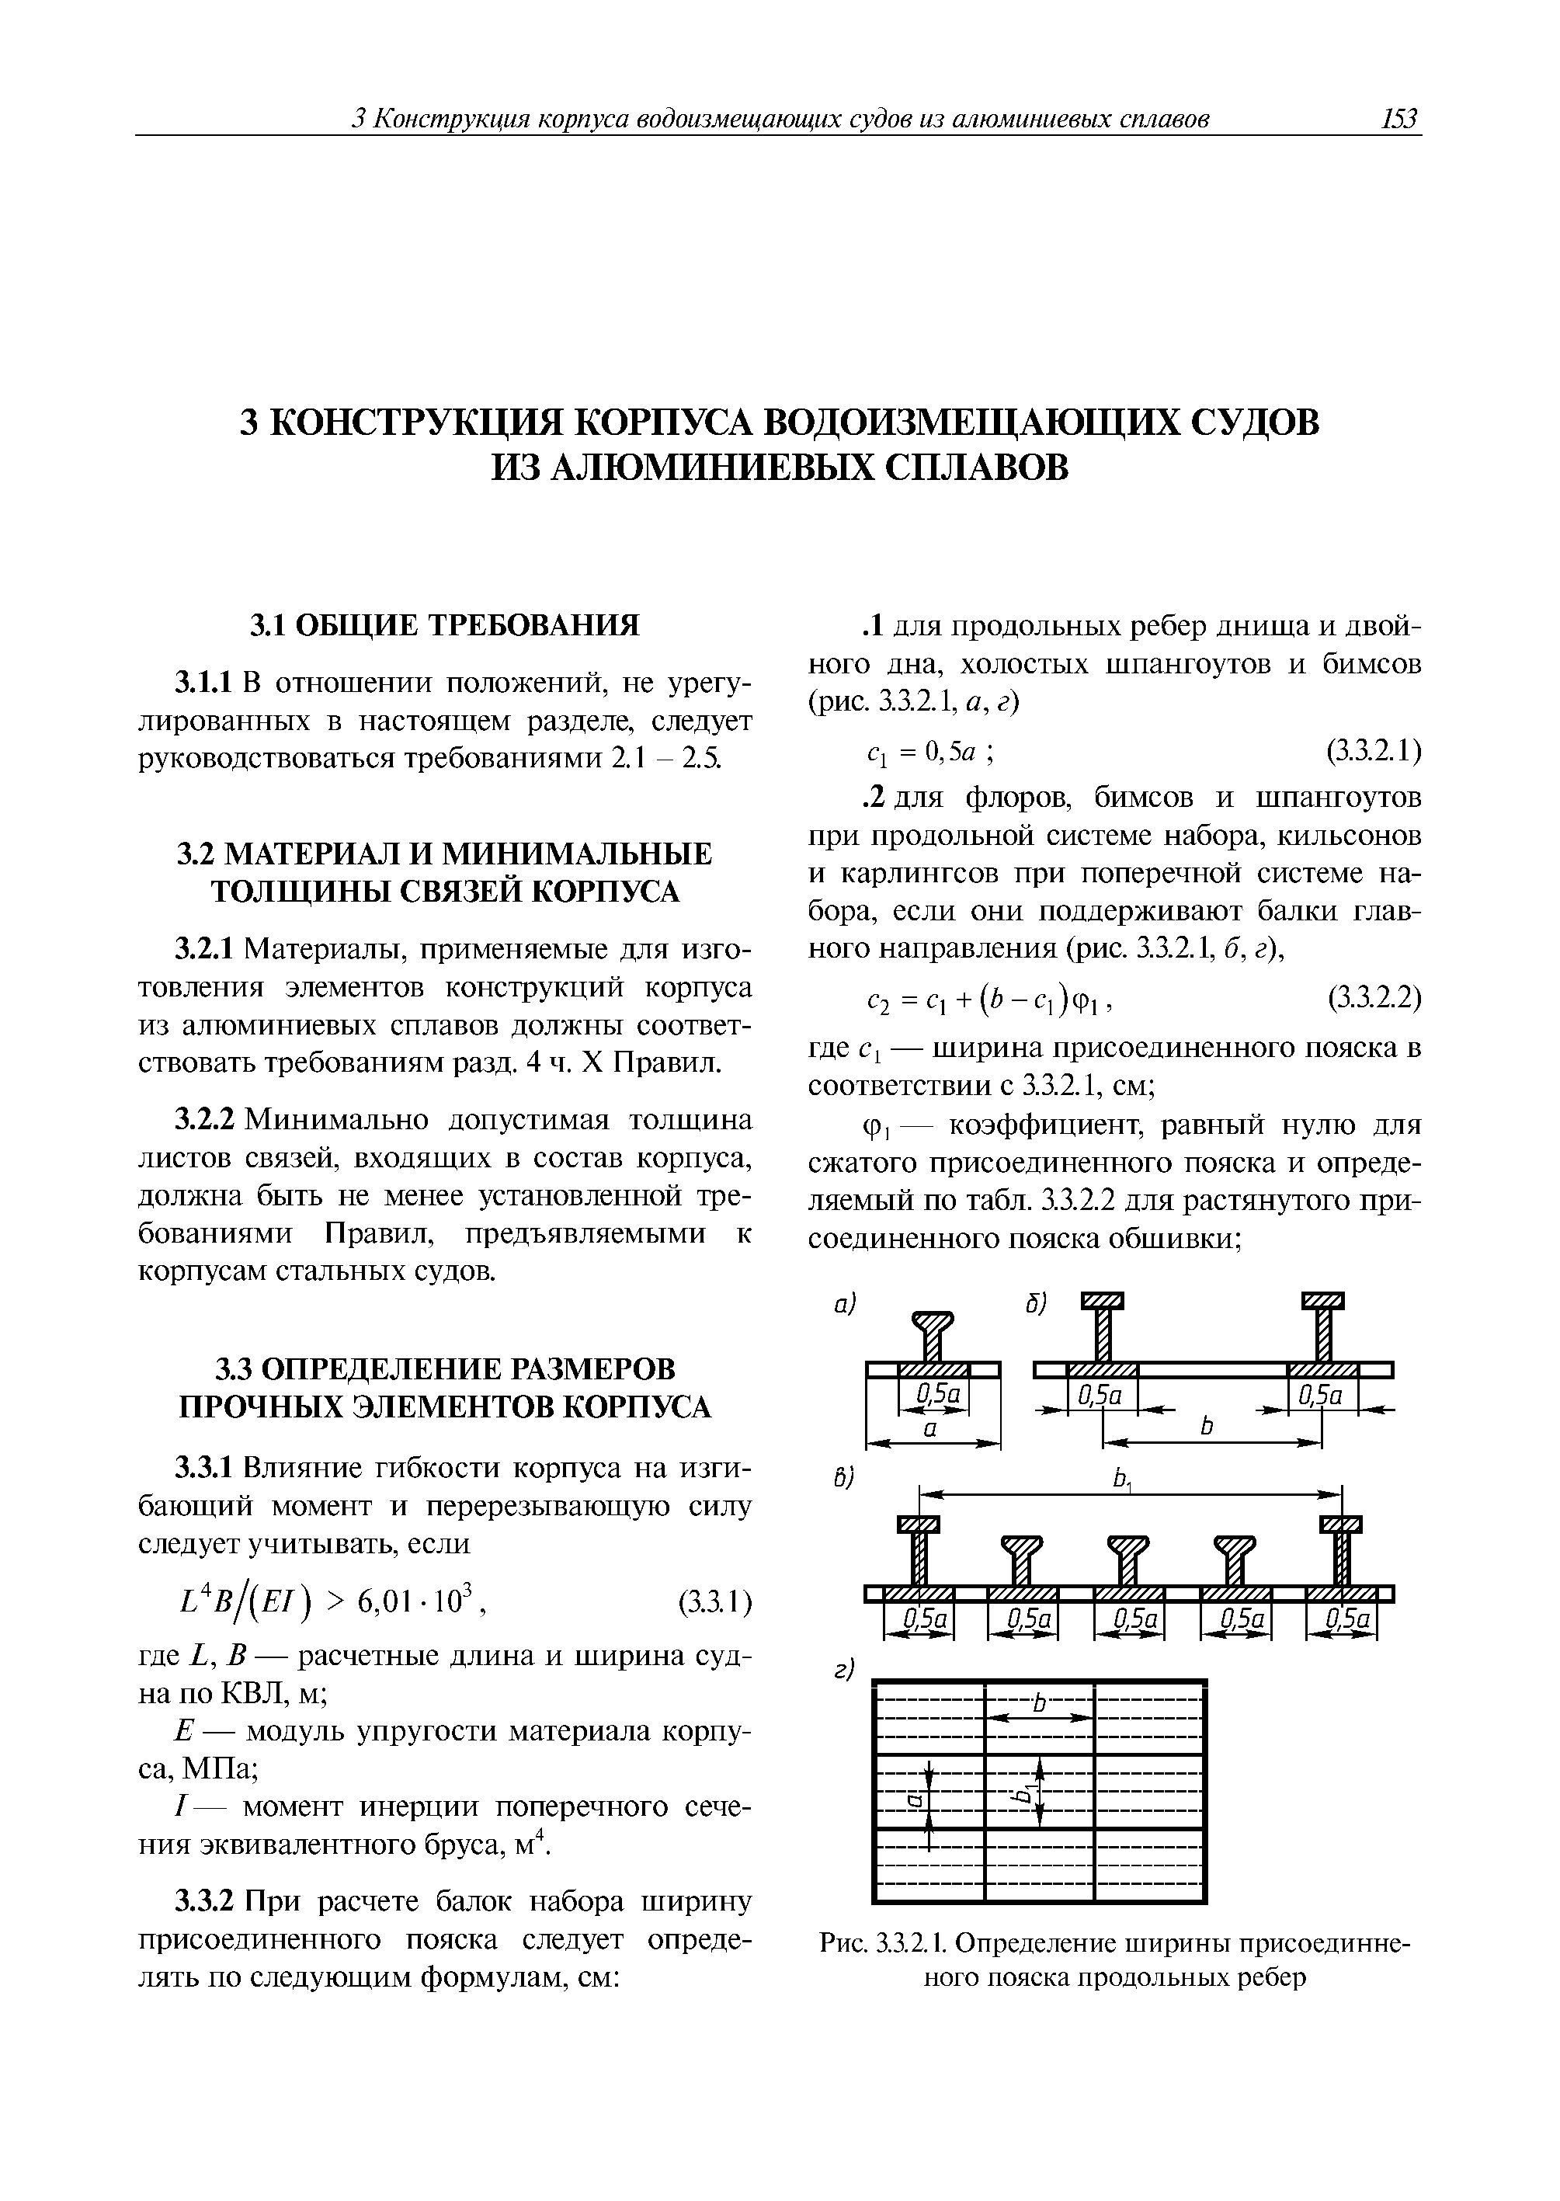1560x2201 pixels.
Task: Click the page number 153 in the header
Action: tap(1398, 119)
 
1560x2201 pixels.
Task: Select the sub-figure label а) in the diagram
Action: tap(843, 1304)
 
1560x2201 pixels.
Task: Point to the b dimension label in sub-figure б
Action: tap(1207, 1427)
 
